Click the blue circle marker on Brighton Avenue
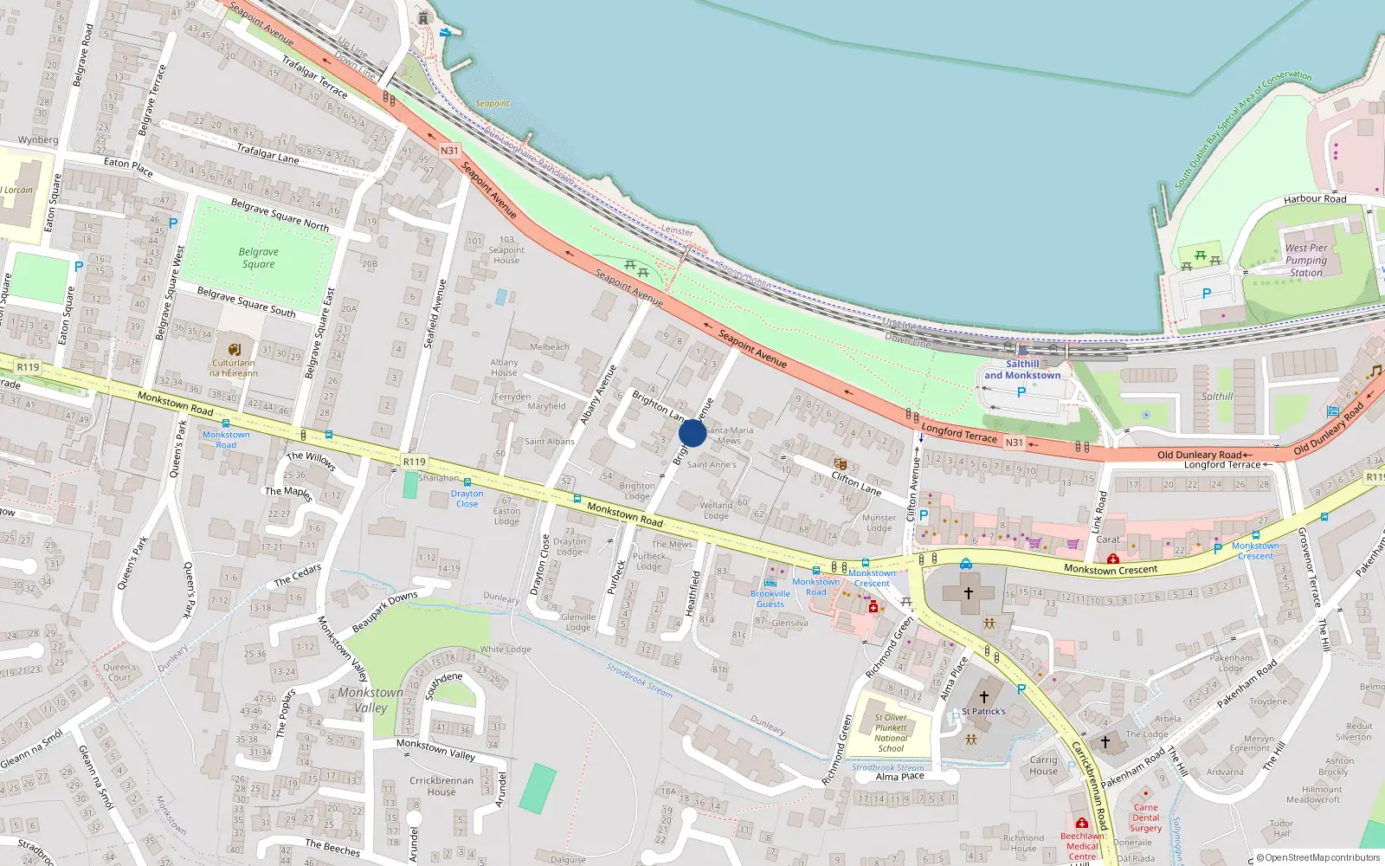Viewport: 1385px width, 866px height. click(x=692, y=433)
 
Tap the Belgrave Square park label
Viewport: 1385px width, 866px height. click(x=258, y=258)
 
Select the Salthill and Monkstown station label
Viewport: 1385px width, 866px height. click(x=1021, y=370)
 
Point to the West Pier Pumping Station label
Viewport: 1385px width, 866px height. click(x=1305, y=260)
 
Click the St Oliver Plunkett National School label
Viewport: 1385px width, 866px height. click(x=891, y=733)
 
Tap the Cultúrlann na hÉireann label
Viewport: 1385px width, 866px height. click(x=234, y=368)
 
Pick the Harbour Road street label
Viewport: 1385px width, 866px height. click(x=1314, y=199)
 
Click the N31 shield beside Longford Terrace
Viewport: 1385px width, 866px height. click(x=1014, y=443)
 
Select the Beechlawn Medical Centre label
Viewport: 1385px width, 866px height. click(x=1082, y=846)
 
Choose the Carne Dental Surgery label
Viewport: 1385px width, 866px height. click(x=1145, y=818)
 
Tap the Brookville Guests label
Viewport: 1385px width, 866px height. click(x=770, y=598)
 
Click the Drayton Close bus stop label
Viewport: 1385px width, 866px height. click(x=467, y=498)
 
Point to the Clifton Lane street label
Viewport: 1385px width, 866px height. click(x=856, y=483)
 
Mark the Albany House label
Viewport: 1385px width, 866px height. click(x=504, y=368)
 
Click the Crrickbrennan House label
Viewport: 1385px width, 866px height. click(x=441, y=785)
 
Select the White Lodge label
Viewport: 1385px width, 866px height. click(x=506, y=649)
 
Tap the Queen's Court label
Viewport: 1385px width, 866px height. click(x=119, y=672)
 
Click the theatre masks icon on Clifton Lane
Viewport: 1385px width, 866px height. click(x=840, y=464)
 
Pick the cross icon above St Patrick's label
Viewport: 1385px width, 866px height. click(x=984, y=696)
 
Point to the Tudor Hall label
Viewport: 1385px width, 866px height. click(x=1281, y=829)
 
